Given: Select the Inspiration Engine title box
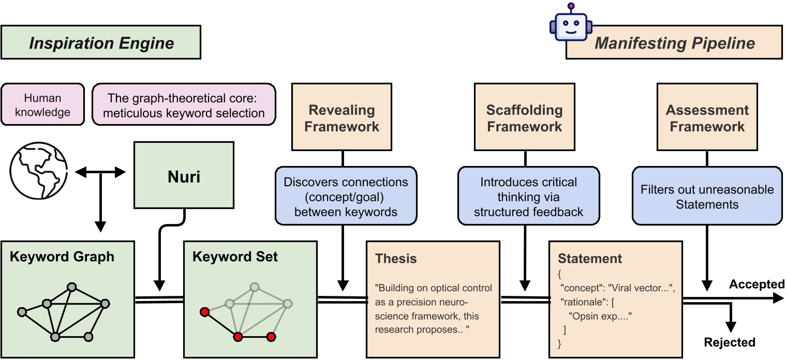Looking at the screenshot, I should click(101, 43).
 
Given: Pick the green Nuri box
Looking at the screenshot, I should click(184, 177).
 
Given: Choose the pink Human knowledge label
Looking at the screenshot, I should click(42, 104).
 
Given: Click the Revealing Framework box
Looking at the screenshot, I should click(342, 118).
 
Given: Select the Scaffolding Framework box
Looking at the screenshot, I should click(524, 118).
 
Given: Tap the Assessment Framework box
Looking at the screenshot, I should click(707, 118).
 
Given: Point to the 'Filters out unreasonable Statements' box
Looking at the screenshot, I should click(707, 196).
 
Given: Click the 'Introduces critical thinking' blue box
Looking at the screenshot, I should click(528, 196).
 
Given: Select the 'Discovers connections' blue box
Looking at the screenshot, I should click(346, 196).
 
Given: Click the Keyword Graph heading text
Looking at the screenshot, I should click(62, 257).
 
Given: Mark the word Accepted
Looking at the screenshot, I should click(757, 284).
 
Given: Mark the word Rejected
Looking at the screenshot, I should click(730, 342).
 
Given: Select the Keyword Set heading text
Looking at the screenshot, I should click(235, 257).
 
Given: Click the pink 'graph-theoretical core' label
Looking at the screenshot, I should click(184, 104).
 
